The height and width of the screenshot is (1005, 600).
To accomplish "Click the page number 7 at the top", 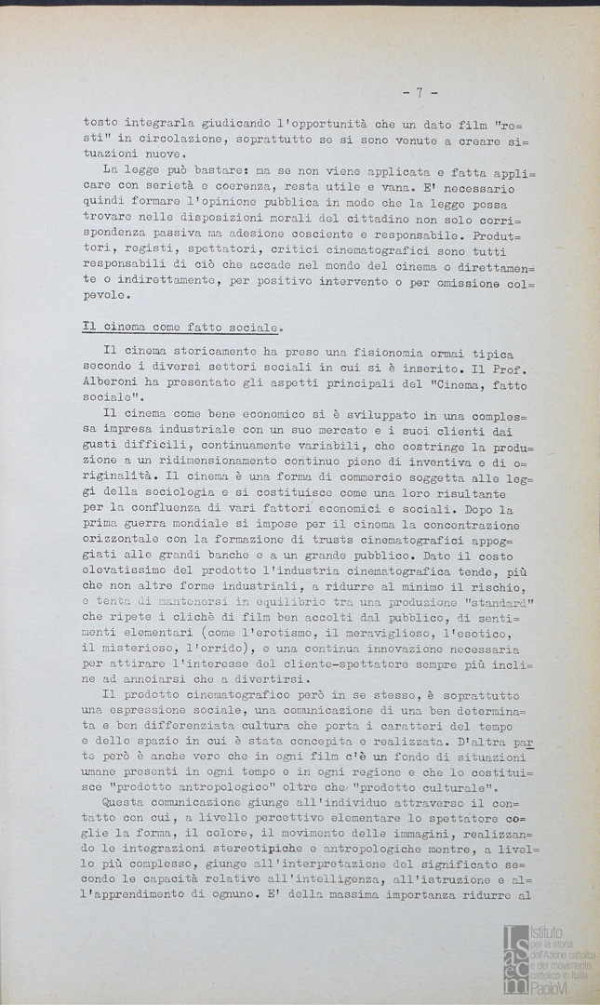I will click(420, 92).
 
